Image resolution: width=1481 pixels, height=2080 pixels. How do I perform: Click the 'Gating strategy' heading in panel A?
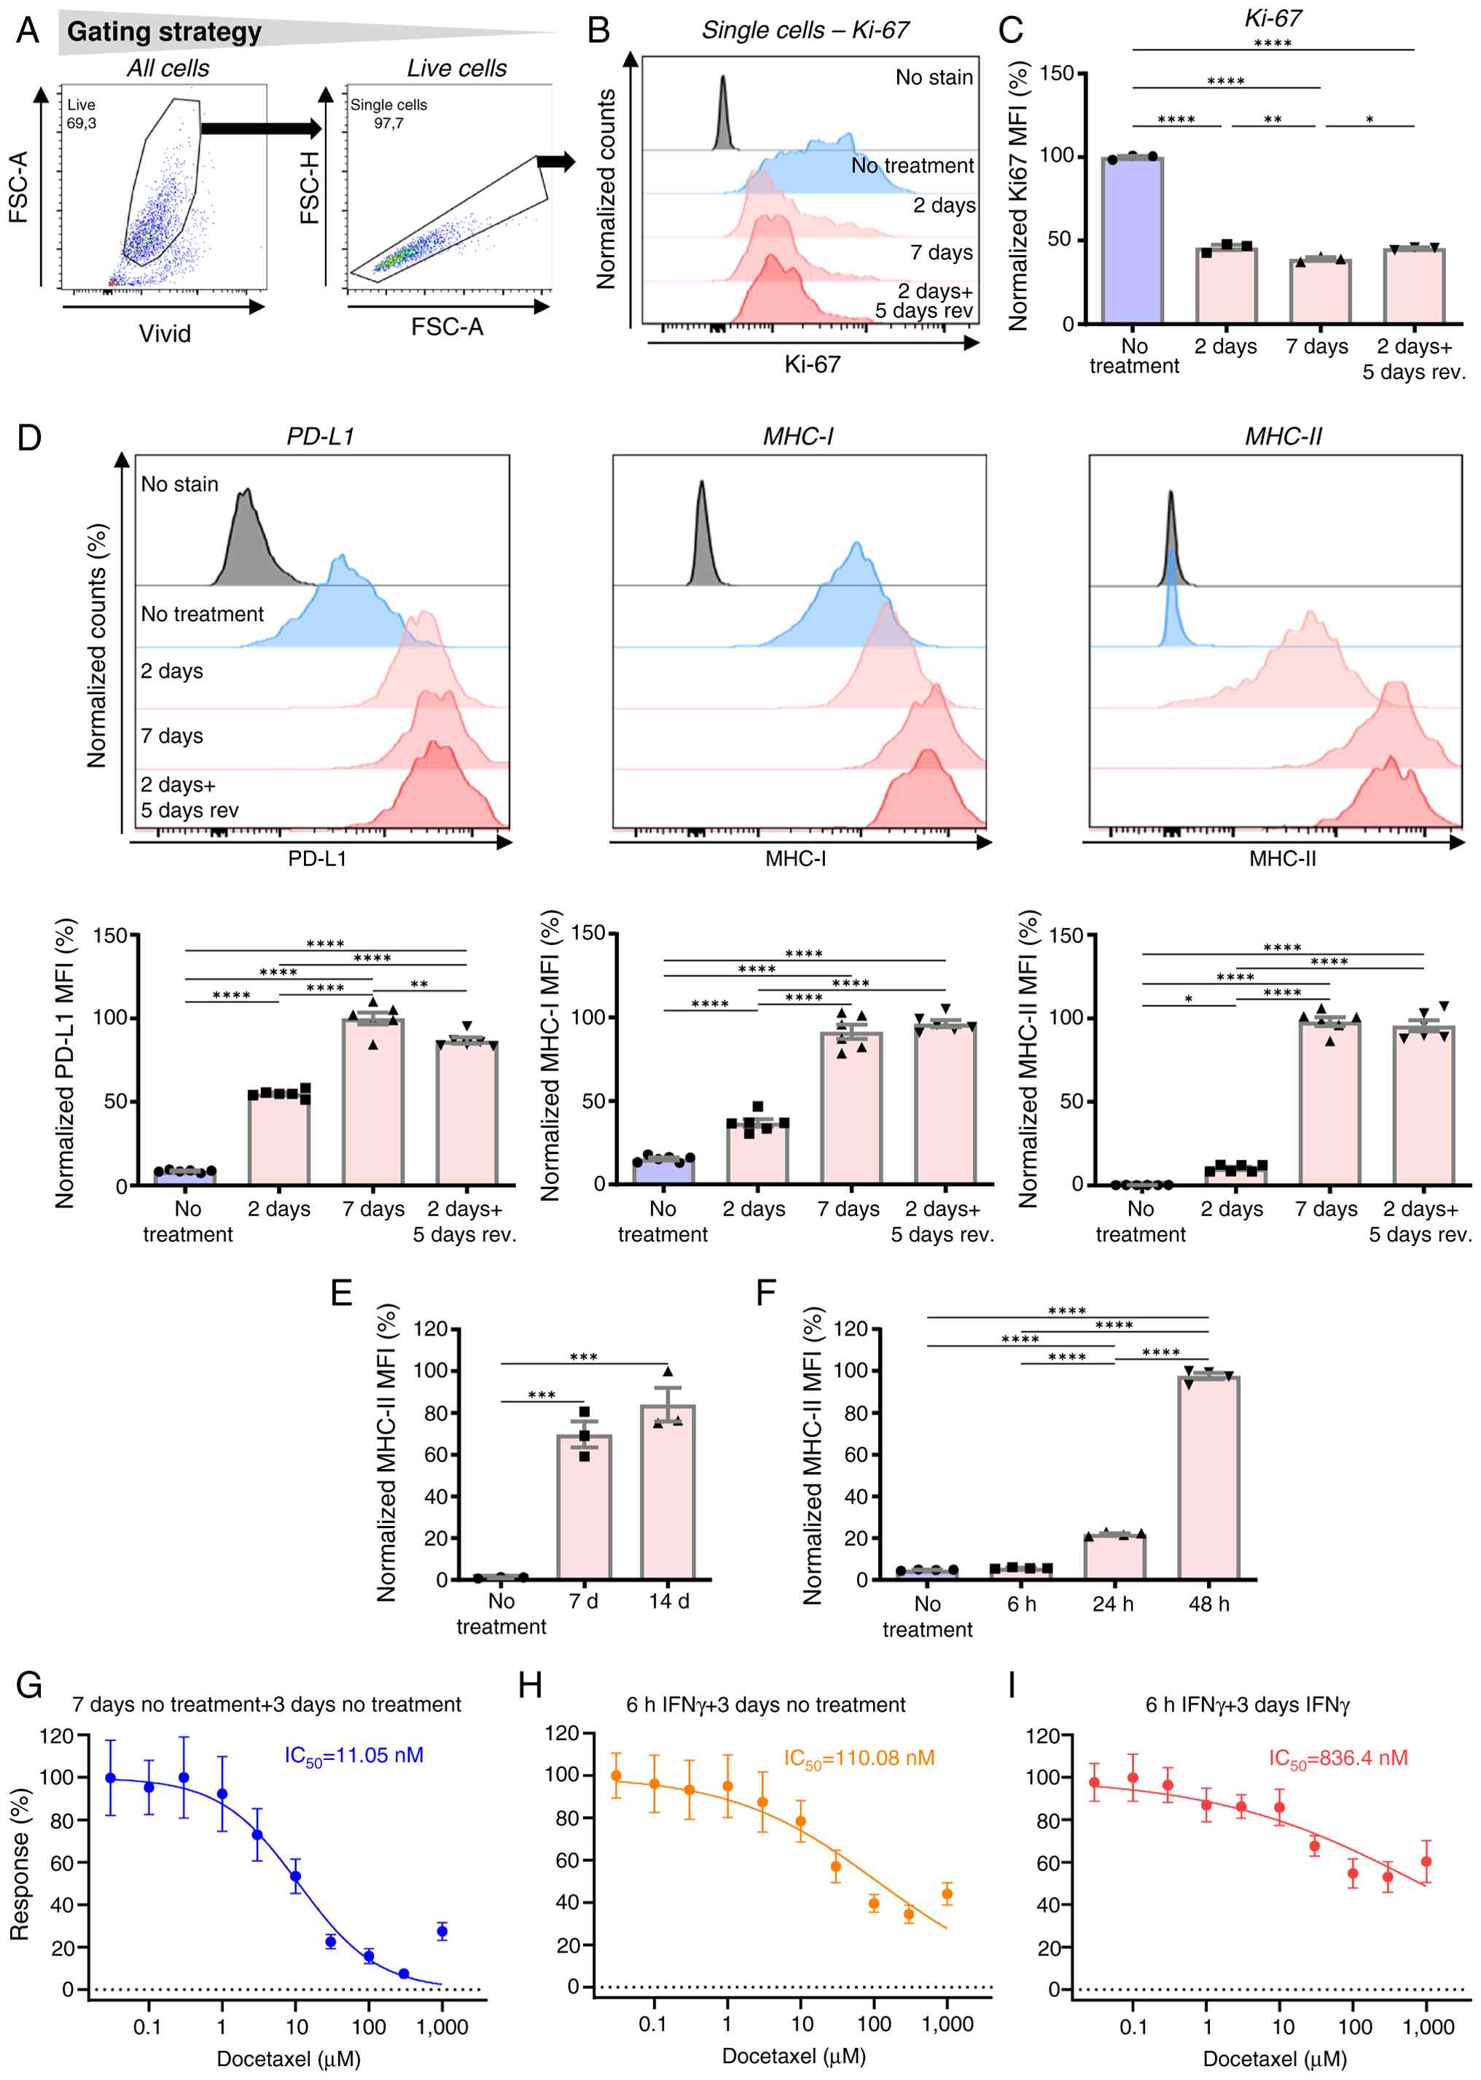point(164,32)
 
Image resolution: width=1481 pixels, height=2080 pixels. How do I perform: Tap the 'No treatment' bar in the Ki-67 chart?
point(1132,240)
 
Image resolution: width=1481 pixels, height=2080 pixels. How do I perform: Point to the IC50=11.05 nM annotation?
point(353,1756)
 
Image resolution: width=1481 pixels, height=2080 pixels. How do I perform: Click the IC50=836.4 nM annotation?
point(1338,1758)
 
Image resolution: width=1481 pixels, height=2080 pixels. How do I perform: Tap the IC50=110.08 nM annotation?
point(859,1758)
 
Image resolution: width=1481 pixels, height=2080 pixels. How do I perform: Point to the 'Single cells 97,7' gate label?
point(388,114)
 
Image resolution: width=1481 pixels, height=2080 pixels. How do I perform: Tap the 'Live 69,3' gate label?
point(81,114)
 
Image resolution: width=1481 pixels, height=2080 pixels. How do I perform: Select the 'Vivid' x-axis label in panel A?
point(165,334)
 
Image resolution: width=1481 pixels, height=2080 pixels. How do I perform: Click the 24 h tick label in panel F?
point(1113,1605)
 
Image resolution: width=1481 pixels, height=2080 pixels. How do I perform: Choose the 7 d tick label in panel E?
point(584,1602)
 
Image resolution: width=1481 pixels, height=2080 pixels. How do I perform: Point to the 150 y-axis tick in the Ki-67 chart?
point(1056,73)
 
